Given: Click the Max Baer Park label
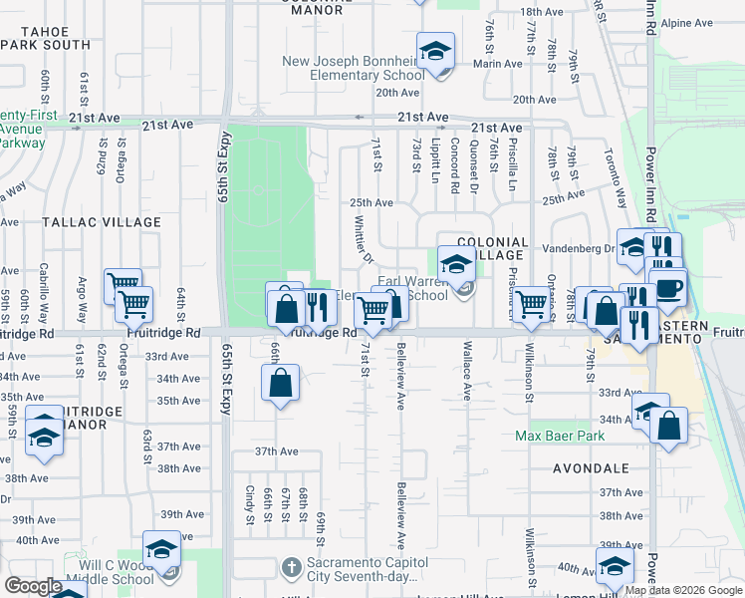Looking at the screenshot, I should (561, 437).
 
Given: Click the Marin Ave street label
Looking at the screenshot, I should (497, 64).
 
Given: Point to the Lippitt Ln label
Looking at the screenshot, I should (436, 160).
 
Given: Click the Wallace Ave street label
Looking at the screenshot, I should (466, 371).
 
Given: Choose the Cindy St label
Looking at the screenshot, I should (249, 505).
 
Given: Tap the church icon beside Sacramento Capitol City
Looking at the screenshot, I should (291, 569).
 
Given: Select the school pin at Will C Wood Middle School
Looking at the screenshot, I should (161, 550).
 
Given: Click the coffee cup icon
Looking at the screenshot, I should (667, 287).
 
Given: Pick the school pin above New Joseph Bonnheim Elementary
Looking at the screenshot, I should (435, 51).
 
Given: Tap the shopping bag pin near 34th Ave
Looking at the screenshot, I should (281, 382).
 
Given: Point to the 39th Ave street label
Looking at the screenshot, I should (182, 514).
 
